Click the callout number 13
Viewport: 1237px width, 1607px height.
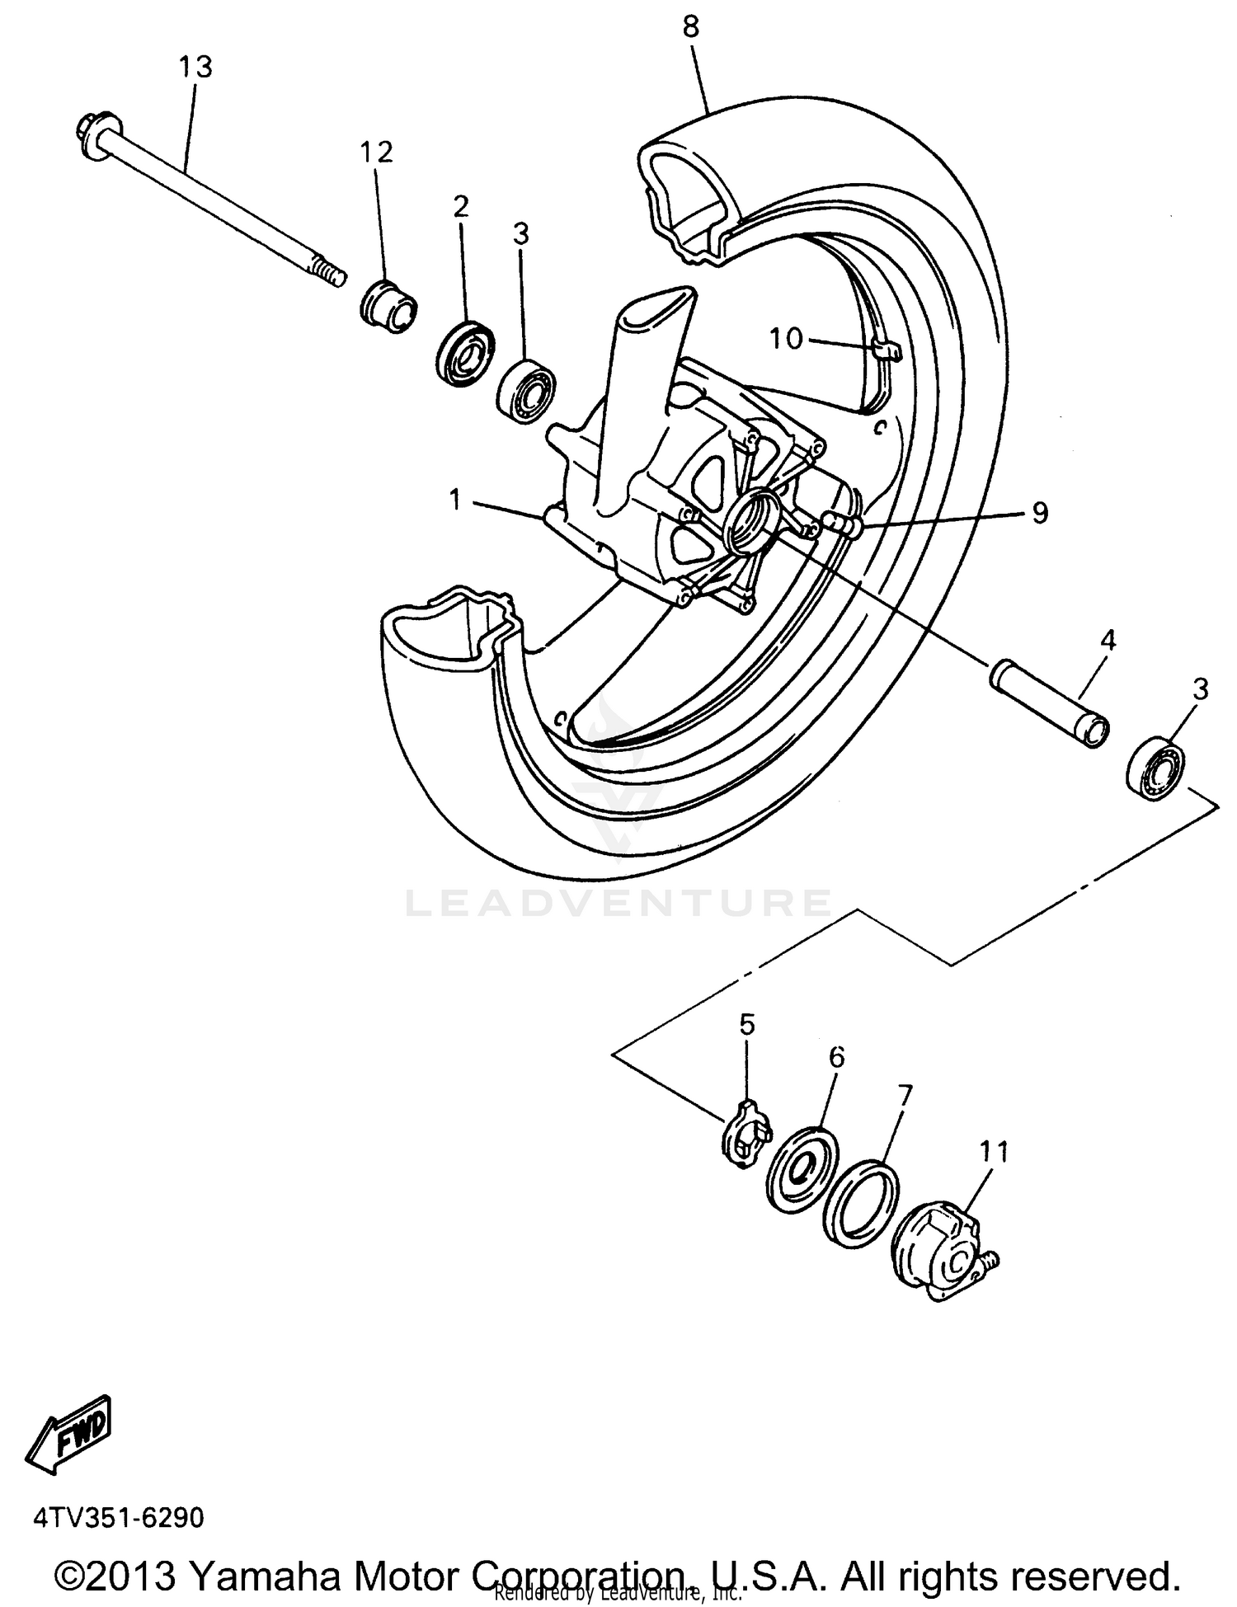point(195,67)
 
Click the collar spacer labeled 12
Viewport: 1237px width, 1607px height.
point(389,306)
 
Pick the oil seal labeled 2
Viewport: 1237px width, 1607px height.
point(464,354)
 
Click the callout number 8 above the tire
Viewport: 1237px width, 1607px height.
point(690,26)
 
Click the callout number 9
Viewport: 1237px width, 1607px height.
point(1040,513)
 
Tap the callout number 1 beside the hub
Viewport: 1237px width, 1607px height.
point(454,499)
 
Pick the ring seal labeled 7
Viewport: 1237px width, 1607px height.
point(862,1202)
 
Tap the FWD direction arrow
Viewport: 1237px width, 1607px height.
point(71,1435)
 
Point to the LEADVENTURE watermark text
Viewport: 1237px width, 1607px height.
point(618,903)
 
